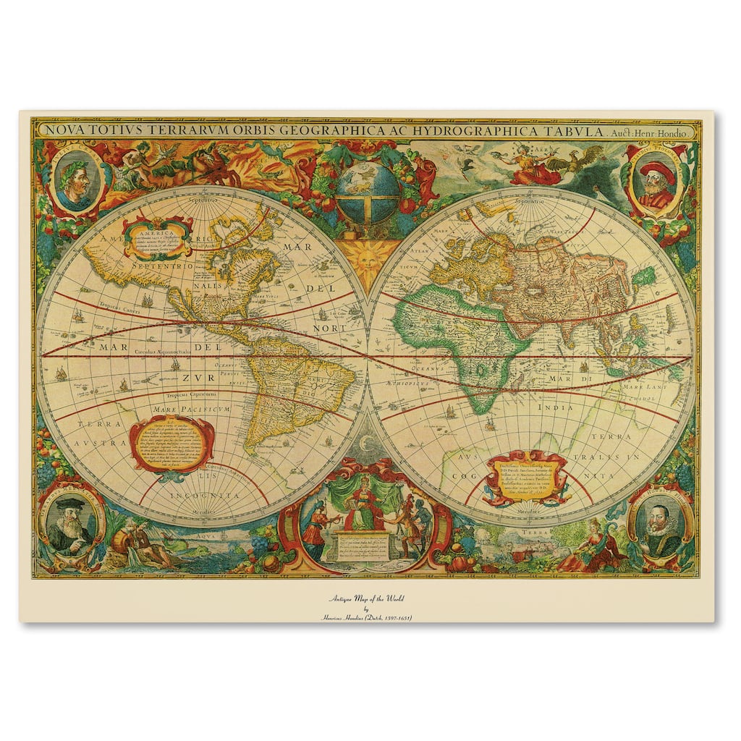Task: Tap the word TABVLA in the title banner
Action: [x=569, y=131]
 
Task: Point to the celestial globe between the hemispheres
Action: [x=367, y=192]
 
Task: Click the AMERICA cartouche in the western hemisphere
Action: [x=158, y=237]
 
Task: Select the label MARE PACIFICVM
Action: [x=191, y=409]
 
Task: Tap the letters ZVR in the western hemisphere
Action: [x=193, y=377]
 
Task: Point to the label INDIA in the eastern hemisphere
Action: [x=554, y=407]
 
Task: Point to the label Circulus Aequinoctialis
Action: [x=164, y=351]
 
